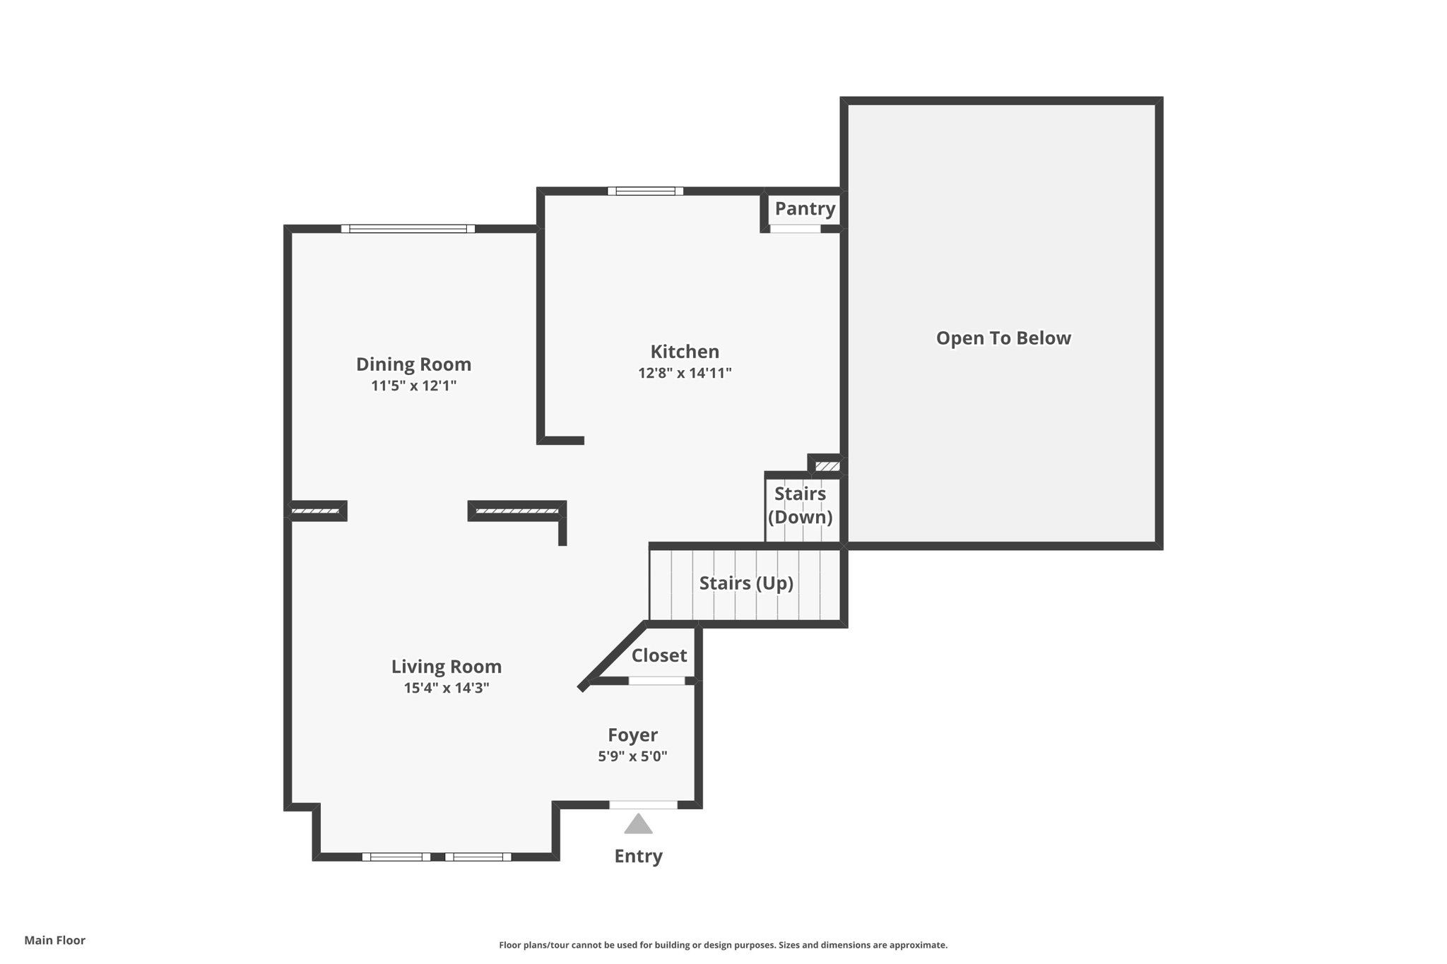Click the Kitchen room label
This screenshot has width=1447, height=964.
684,352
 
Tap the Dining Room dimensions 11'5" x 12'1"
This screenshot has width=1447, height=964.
413,386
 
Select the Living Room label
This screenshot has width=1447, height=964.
446,667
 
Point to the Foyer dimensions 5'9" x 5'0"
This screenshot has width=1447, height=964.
632,756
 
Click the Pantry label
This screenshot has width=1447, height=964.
805,208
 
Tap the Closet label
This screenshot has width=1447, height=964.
658,655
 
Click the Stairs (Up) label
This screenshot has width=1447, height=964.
746,583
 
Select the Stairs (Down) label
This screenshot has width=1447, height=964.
800,506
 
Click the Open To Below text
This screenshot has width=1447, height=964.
1003,338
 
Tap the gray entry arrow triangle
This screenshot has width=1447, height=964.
638,825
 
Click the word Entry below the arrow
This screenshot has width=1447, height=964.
638,856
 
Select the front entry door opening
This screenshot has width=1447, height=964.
643,804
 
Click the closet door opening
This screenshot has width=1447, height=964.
656,681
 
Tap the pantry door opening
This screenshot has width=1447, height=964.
795,229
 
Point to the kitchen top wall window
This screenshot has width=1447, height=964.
645,191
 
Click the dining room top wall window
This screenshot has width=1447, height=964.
408,229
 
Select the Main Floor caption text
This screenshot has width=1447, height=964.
54,940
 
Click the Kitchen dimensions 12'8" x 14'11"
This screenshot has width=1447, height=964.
684,373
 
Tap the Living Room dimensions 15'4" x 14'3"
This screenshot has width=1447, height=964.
446,688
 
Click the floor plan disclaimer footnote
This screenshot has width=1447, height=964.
723,945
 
